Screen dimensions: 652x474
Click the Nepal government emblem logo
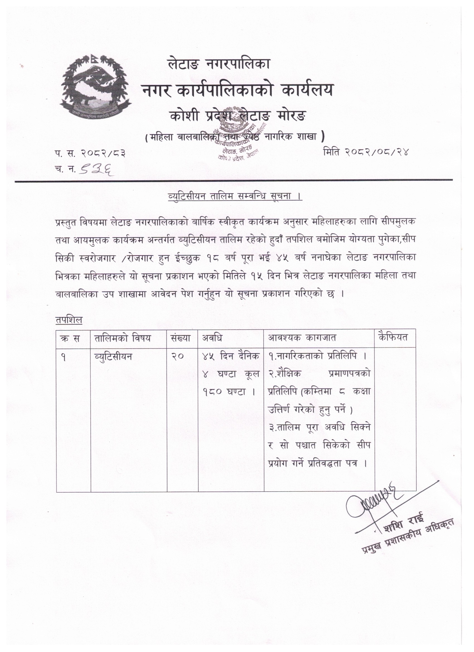96,86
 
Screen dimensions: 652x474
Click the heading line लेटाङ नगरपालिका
219,64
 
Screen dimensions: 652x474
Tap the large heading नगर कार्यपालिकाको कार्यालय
237,91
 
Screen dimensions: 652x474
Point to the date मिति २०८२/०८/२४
366,151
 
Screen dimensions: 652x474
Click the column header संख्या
182,338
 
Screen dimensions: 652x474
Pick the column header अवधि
212,338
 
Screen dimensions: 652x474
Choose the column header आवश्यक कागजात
302,338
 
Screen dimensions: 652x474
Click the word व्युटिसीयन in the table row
113,356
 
